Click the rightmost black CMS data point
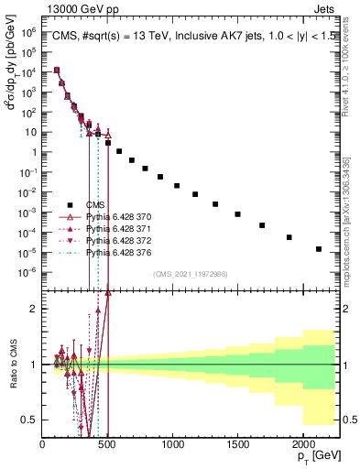pyautogui.click(x=319, y=249)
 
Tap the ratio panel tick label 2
pyautogui.click(x=31, y=309)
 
